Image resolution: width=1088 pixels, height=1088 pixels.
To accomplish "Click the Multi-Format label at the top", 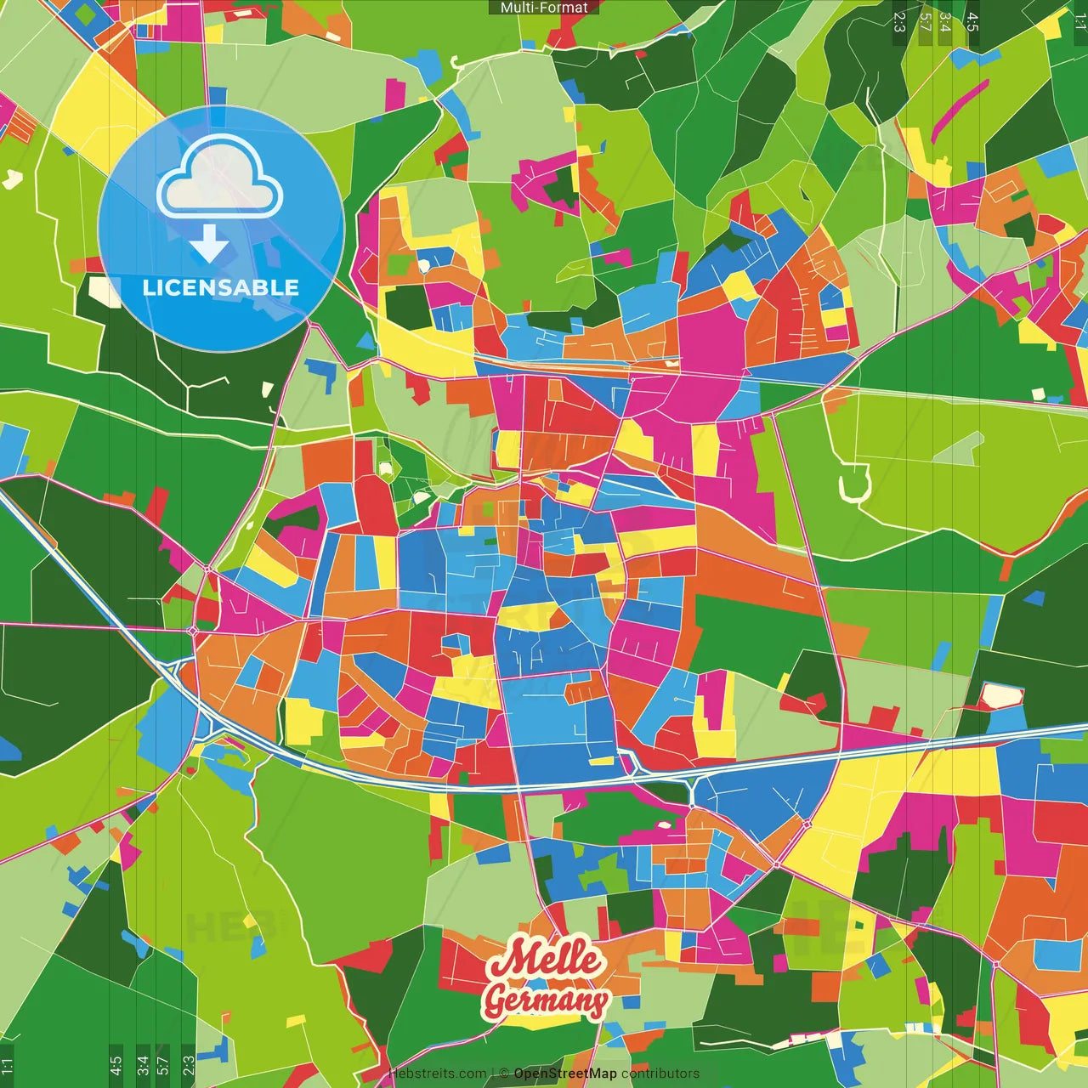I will click(544, 8).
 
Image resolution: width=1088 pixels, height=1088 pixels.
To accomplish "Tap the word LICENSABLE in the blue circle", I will click(220, 287).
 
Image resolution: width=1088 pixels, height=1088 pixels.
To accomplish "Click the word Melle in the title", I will click(544, 959).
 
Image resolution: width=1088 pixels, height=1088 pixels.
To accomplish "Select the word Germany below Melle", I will click(546, 1000).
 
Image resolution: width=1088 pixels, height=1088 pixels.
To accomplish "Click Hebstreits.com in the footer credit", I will click(437, 1074).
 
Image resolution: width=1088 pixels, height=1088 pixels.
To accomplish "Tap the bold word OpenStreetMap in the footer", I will click(565, 1074).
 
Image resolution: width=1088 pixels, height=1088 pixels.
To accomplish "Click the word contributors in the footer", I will click(660, 1074).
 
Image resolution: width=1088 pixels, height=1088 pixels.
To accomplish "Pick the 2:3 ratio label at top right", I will click(899, 21).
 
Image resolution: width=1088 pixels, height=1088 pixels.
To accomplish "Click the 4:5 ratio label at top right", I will click(972, 21).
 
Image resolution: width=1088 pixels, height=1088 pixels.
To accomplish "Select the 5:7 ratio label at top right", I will click(925, 21).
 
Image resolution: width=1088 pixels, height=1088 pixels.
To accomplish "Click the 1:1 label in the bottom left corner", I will click(8, 1067).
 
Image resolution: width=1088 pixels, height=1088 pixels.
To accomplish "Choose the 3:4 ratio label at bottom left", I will click(142, 1065).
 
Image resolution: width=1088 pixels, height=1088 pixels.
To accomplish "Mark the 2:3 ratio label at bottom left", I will click(188, 1065).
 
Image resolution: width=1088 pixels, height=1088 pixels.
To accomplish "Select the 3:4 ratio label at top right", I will click(945, 21).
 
